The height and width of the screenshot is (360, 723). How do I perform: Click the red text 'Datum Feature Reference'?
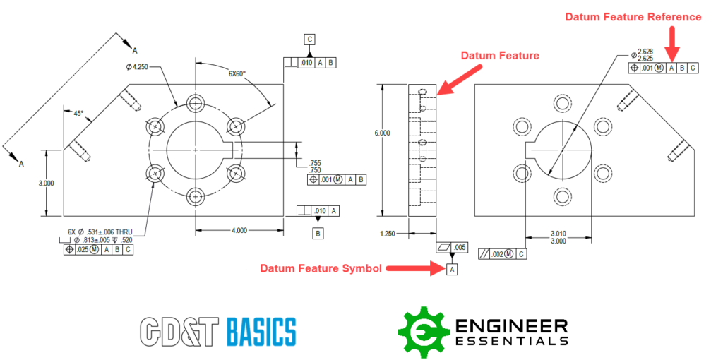[634, 17]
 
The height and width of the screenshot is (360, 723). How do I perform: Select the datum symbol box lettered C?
[309, 40]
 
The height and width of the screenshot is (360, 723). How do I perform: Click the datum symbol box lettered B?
[318, 233]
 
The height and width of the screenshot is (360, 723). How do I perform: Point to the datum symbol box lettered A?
[452, 269]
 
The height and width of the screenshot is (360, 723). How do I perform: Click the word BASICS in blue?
[261, 332]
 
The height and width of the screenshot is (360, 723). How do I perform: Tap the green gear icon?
[421, 332]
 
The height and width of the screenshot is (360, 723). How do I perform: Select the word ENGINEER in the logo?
[511, 325]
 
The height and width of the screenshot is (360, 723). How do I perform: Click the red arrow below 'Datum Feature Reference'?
[672, 43]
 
